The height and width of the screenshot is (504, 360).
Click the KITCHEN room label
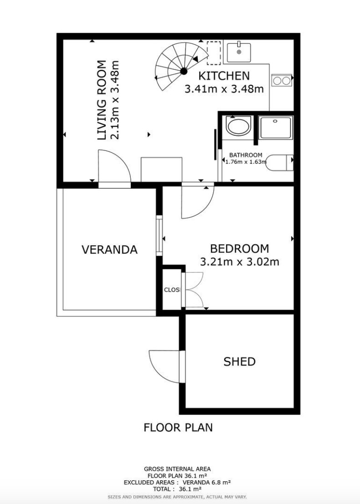[x=224, y=76]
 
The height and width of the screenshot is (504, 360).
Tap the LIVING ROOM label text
[x=102, y=100]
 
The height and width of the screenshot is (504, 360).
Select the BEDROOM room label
[x=239, y=248]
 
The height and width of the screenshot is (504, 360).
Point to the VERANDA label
[x=110, y=249]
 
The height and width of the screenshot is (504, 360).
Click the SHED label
[x=239, y=362]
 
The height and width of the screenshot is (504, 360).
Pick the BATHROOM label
[x=246, y=155]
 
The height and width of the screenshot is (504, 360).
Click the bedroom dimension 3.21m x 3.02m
[x=239, y=262]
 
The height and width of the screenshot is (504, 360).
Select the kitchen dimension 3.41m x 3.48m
[x=224, y=88]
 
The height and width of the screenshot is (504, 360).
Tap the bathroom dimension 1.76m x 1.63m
[x=246, y=162]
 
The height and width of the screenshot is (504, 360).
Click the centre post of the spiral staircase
[x=184, y=71]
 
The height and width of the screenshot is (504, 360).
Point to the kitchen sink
[x=239, y=52]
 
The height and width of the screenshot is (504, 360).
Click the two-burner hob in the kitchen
[x=282, y=80]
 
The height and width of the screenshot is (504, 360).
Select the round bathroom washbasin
[x=238, y=126]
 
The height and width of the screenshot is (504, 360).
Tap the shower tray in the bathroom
[x=276, y=128]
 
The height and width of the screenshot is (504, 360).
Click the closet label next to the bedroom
[x=172, y=290]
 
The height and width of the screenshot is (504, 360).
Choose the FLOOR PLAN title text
[x=178, y=427]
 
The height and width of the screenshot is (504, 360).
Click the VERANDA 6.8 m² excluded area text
[x=207, y=482]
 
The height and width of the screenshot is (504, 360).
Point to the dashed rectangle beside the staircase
[x=214, y=53]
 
